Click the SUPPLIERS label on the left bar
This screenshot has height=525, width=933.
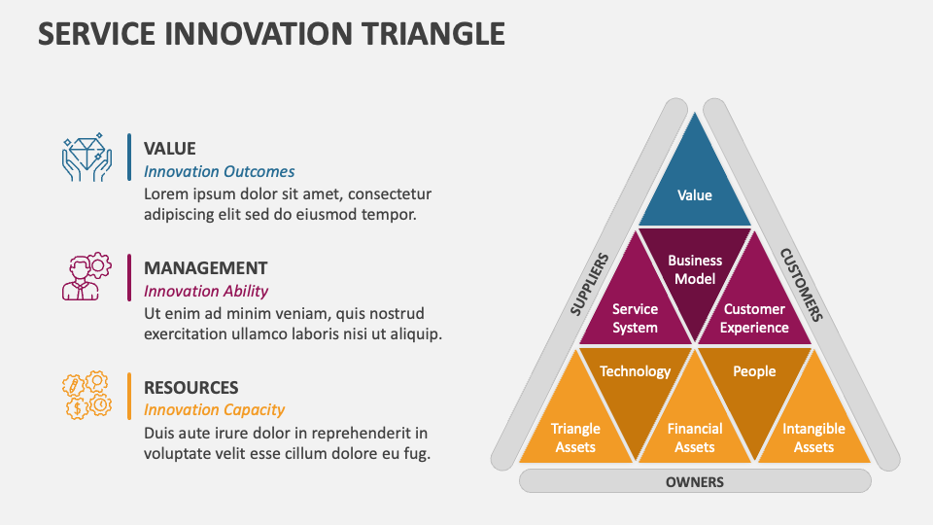tap(589, 285)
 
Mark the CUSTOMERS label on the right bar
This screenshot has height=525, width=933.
tap(802, 285)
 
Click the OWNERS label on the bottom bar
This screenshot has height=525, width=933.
tap(695, 481)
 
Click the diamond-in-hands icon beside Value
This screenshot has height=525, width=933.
tap(86, 157)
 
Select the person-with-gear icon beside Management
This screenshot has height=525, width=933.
tap(86, 277)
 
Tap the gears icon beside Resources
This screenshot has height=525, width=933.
tap(86, 396)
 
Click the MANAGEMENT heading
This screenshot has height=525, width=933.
tap(205, 268)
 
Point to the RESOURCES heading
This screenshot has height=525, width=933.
tap(190, 387)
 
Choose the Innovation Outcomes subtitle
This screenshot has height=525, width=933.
tap(219, 171)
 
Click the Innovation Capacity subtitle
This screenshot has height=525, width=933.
tap(214, 409)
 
